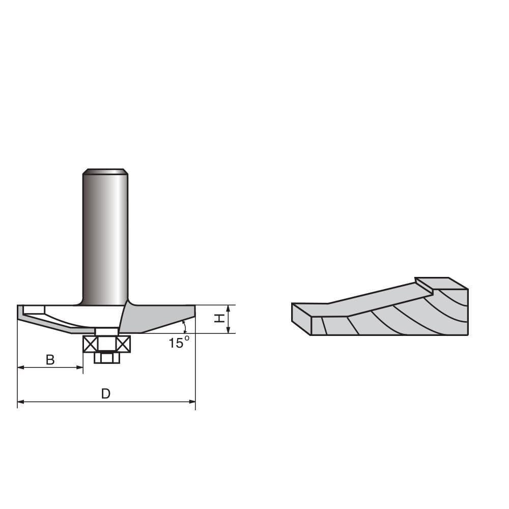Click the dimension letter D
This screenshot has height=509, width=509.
[x=105, y=393]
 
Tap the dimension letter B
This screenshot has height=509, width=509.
[x=50, y=360]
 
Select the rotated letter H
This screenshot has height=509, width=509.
[x=219, y=318]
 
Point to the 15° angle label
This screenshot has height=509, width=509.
[x=179, y=343]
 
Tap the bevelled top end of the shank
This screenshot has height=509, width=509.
[x=105, y=171]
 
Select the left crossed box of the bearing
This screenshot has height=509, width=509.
[x=90, y=344]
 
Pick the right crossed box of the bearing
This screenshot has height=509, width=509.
[x=123, y=344]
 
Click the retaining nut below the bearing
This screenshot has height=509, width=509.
[x=107, y=358]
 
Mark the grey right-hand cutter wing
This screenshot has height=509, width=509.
[x=153, y=318]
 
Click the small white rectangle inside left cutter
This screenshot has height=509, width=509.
[x=34, y=309]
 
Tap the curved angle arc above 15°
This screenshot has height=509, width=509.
[x=184, y=326]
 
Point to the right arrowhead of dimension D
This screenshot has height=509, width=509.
[x=192, y=402]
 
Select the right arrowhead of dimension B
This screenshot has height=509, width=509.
[x=80, y=367]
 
